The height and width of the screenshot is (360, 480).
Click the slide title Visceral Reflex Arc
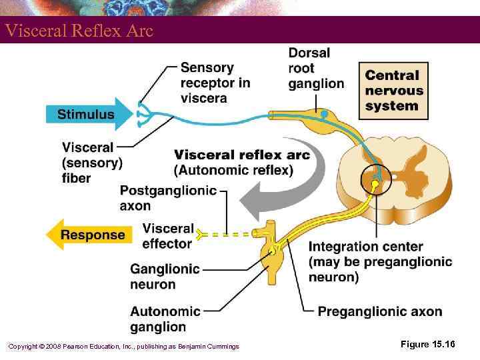(x=79, y=31)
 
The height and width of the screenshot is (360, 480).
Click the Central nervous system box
(x=393, y=91)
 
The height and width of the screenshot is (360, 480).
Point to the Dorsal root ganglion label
(x=315, y=68)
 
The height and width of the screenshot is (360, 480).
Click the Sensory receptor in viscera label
(x=215, y=83)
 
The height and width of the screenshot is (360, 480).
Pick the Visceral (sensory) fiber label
(x=92, y=163)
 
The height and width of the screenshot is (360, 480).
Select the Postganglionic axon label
(x=168, y=198)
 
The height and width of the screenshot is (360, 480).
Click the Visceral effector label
(x=168, y=236)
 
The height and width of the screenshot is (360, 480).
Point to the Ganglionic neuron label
(x=165, y=277)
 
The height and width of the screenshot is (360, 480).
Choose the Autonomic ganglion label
(x=165, y=319)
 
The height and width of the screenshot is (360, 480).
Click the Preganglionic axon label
(x=379, y=311)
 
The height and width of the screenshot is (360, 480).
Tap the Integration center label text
(x=380, y=262)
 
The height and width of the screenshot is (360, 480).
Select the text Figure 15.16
(x=427, y=344)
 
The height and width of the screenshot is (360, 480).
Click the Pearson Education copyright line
(x=123, y=346)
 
